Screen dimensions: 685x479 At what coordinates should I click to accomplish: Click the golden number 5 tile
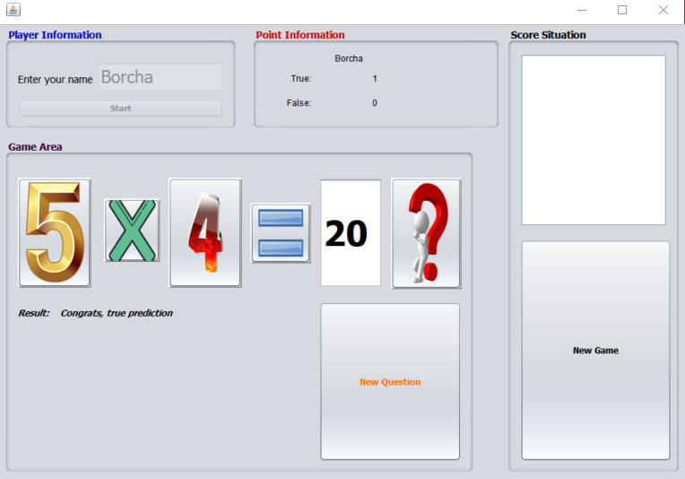(55, 232)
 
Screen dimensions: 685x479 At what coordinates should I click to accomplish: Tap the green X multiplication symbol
(132, 231)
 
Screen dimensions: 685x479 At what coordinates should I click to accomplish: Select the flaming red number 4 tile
(205, 232)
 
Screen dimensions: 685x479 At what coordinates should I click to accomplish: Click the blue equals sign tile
(281, 233)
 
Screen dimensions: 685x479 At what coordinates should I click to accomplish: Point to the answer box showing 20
(351, 233)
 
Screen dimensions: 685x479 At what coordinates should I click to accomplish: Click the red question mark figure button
(427, 233)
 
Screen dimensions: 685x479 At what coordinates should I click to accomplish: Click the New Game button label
(595, 350)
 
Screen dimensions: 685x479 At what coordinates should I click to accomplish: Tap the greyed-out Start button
(120, 108)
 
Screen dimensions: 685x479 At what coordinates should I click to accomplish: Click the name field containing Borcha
(160, 77)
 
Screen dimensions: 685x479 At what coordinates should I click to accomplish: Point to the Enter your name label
(55, 80)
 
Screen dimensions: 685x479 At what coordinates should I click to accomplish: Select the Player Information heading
(55, 35)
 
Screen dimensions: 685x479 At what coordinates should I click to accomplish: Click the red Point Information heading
(300, 35)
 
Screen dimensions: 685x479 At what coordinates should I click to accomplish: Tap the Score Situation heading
(548, 35)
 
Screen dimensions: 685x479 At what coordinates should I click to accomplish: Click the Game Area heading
(35, 147)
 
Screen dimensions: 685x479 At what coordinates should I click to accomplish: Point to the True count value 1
(375, 79)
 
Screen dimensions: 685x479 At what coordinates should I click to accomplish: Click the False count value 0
(375, 102)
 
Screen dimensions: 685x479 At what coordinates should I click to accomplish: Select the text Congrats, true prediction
(117, 313)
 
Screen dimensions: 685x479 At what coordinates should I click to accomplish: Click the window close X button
(663, 10)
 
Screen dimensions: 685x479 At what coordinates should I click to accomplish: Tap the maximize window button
(622, 10)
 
